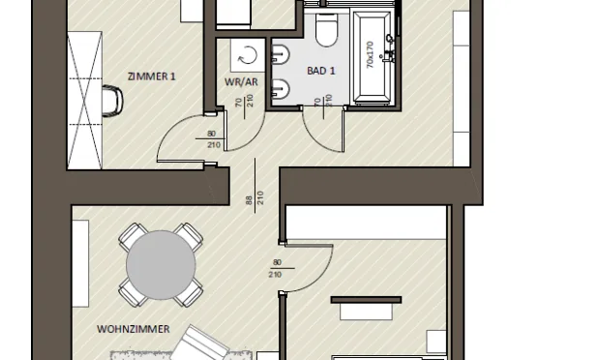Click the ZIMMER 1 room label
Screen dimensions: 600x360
coord(152,76)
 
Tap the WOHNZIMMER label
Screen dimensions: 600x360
coord(134,329)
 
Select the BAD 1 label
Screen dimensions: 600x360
coord(321,71)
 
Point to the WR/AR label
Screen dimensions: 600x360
coord(241,82)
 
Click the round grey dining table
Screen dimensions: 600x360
coord(161,265)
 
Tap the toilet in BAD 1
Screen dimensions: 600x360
coord(326,30)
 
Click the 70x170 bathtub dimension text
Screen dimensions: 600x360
coord(370,55)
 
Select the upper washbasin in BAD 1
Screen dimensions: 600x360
coord(280,54)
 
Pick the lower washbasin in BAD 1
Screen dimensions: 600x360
coord(280,89)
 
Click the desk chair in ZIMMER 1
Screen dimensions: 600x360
coord(113,101)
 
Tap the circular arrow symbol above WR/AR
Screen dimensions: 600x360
coord(248,56)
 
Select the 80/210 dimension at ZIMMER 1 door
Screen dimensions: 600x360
coord(212,139)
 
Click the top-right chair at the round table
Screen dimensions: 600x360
coord(189,237)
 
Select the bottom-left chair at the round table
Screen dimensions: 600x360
coord(133,292)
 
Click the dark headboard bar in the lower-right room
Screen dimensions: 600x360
coord(366,300)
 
